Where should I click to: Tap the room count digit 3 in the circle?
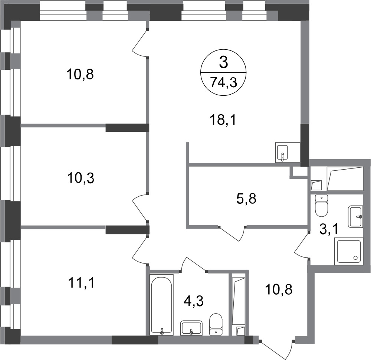click(224, 63)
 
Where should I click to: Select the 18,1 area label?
click(223, 120)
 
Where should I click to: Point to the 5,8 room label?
click(246, 199)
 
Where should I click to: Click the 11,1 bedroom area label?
click(81, 283)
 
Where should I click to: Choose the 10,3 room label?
click(81, 178)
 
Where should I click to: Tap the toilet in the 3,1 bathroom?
click(322, 206)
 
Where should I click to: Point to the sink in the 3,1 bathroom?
click(355, 217)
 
